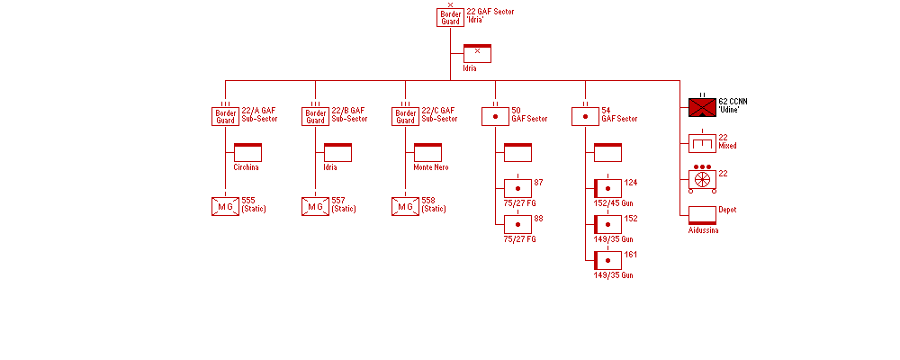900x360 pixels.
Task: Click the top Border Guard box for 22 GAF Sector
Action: click(450, 18)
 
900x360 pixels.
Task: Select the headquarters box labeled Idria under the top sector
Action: click(477, 53)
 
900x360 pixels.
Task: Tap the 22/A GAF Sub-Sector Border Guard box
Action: click(225, 116)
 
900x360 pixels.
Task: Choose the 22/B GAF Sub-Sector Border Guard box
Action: click(315, 116)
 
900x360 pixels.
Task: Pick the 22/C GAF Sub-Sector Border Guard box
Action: click(405, 116)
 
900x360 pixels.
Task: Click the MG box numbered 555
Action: click(225, 206)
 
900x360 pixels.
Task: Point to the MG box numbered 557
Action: click(315, 206)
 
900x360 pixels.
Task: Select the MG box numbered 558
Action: click(405, 206)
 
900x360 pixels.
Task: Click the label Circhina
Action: click(246, 167)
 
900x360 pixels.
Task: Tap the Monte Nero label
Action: click(430, 167)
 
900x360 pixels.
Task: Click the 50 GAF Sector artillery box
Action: click(495, 116)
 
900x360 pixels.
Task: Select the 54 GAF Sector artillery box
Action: click(585, 116)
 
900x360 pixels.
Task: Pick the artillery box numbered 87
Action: click(517, 188)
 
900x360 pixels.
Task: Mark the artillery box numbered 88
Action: click(517, 224)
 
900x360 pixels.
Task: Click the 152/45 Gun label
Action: click(613, 203)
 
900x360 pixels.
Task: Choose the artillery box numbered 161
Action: click(607, 260)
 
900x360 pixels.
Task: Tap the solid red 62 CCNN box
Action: click(702, 107)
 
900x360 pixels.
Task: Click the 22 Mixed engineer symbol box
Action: click(702, 143)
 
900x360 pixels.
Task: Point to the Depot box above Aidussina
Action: click(702, 215)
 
